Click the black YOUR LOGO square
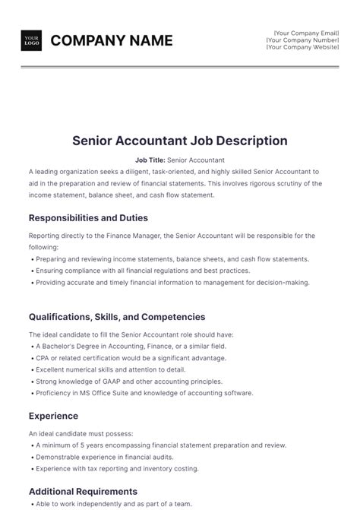click(31, 41)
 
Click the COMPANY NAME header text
click(112, 41)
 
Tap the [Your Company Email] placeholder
click(306, 33)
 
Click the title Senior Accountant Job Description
click(180, 141)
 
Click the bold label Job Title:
click(150, 160)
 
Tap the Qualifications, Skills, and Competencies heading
click(117, 316)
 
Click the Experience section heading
click(54, 416)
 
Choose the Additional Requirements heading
click(83, 491)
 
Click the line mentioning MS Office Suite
click(144, 393)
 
